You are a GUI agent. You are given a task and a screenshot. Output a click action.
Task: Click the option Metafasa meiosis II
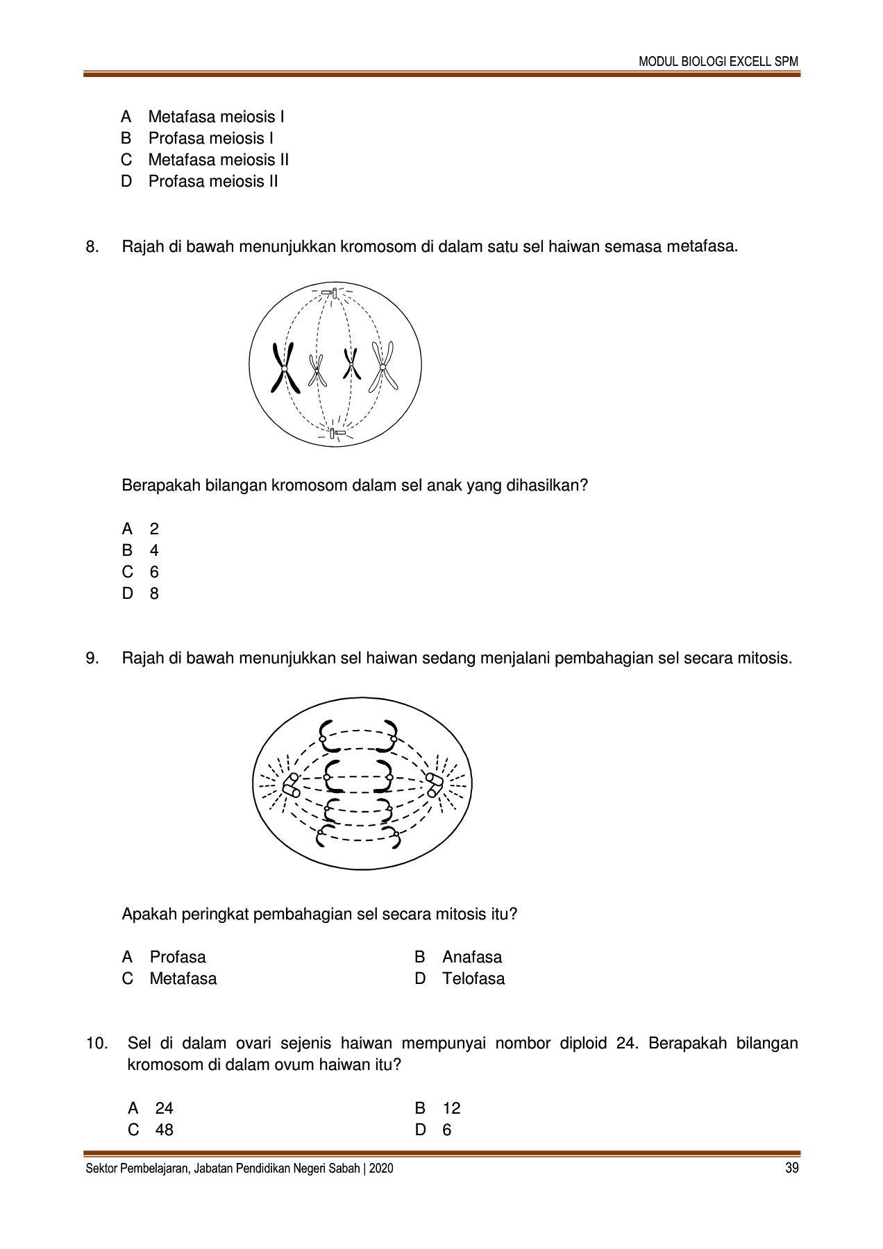point(218,160)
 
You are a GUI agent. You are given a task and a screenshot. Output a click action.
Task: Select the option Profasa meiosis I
point(210,138)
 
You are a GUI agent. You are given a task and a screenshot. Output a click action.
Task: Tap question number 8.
point(92,246)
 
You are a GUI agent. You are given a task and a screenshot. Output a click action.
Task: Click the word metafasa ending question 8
point(701,246)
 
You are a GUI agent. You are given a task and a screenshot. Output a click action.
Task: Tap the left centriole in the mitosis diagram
point(291,785)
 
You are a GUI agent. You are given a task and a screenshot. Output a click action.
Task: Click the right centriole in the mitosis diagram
point(435,785)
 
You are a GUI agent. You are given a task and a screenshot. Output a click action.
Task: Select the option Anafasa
point(471,957)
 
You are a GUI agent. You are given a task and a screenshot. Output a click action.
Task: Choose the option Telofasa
point(473,978)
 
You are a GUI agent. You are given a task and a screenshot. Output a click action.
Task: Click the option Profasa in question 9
point(178,957)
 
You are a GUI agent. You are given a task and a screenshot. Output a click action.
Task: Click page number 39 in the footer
point(791,1169)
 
